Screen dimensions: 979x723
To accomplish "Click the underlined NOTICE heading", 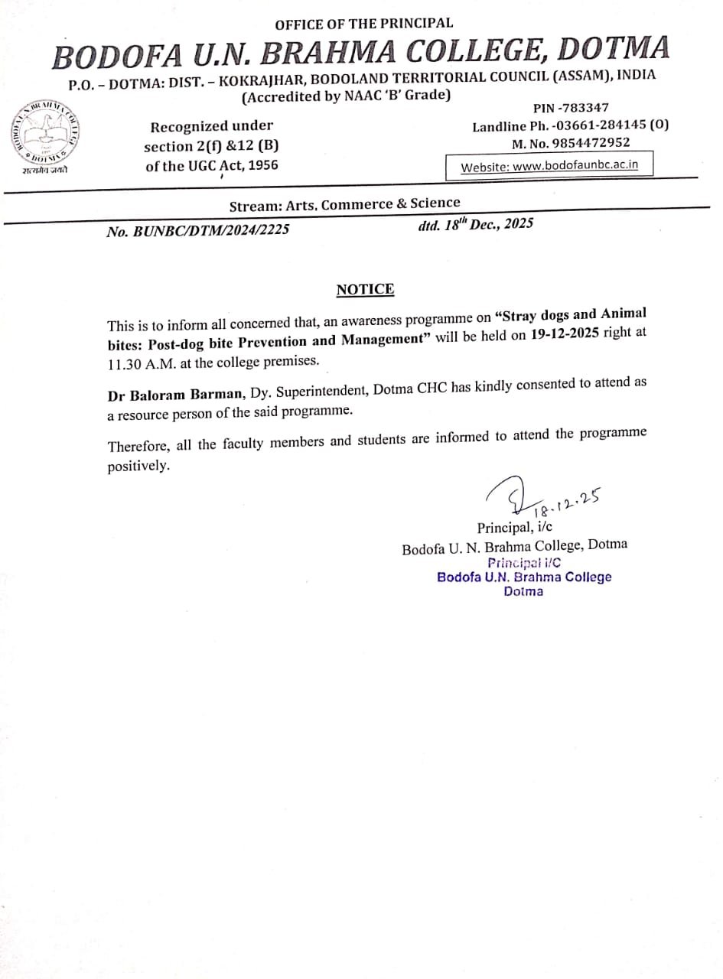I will click(x=366, y=289).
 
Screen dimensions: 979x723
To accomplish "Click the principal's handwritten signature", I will click(x=509, y=499).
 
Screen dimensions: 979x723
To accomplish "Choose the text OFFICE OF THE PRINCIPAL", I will click(x=363, y=24).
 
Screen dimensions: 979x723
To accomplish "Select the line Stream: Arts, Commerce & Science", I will click(x=345, y=204).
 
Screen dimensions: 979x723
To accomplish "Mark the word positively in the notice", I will click(x=138, y=466).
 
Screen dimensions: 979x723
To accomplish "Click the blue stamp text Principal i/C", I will click(x=524, y=562).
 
